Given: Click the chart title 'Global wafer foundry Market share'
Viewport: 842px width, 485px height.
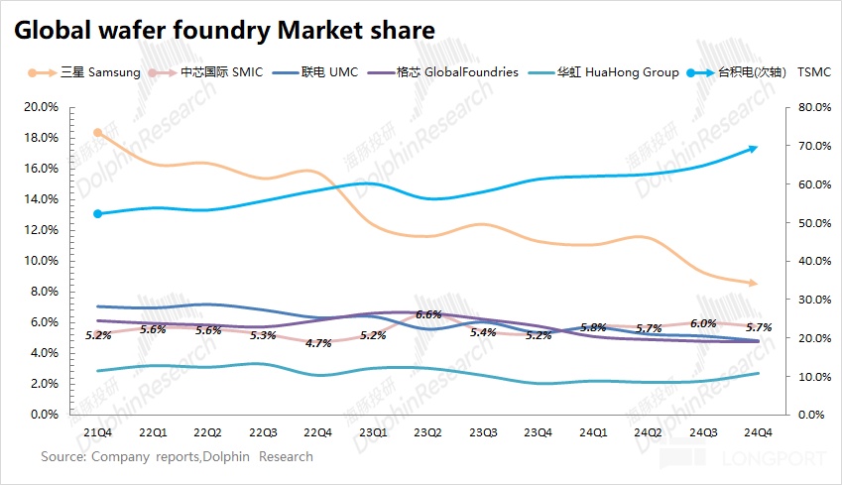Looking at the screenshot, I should click(223, 31).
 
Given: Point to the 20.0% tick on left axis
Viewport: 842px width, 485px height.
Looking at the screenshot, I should click(42, 107).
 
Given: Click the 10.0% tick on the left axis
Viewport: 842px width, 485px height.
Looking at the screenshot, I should click(42, 261).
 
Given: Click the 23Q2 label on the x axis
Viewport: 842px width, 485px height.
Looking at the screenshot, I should click(426, 432).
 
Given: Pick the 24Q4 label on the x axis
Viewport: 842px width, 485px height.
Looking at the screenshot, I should click(758, 432).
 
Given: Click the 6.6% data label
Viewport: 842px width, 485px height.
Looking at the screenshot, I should click(427, 314).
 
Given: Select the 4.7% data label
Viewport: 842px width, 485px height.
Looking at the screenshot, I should click(317, 343).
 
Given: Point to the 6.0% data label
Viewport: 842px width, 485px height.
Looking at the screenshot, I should click(702, 323).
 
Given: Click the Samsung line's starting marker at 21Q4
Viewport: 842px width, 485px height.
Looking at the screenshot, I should click(97, 132).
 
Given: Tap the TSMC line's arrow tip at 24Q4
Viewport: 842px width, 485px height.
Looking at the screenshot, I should click(755, 149).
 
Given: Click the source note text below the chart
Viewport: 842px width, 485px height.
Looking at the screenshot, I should click(177, 457).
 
